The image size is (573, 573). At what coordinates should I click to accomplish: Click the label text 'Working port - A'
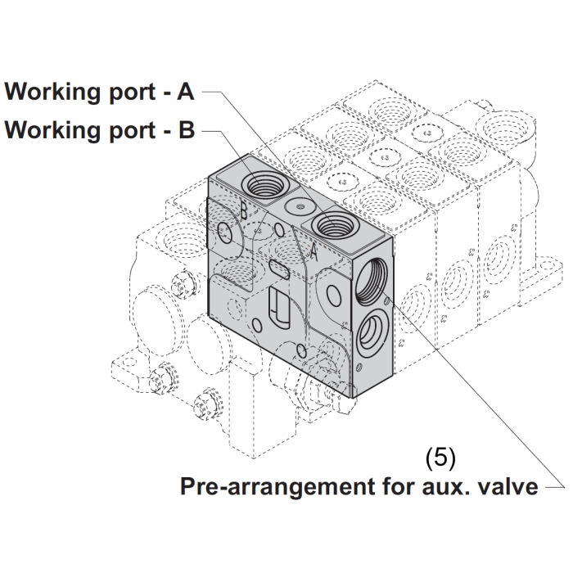[x=99, y=91]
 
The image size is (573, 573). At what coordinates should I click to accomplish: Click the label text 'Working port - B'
[x=99, y=130]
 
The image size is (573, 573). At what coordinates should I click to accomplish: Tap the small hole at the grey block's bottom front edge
[x=304, y=352]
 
